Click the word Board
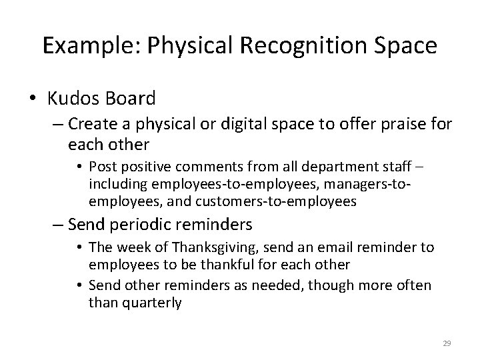click(132, 99)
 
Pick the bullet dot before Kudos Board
click(34, 100)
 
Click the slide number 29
click(447, 343)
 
